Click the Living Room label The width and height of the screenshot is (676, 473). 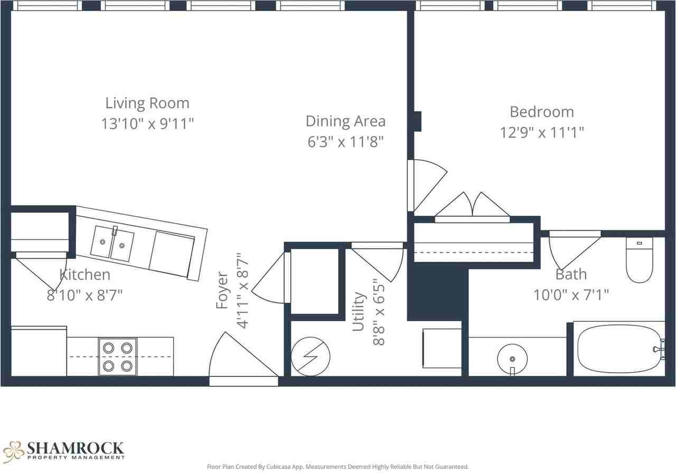[147, 103]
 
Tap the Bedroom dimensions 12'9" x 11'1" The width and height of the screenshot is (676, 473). [542, 132]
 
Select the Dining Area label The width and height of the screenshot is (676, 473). [345, 122]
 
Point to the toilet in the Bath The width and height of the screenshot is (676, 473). [640, 260]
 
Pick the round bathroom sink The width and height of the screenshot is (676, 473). [512, 359]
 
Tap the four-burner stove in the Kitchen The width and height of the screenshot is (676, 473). [118, 357]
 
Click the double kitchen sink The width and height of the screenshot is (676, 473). [112, 244]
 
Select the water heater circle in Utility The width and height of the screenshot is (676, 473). [310, 357]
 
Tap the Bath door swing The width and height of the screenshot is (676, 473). [574, 251]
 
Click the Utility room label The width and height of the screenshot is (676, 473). [359, 311]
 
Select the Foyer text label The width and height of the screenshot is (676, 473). [222, 290]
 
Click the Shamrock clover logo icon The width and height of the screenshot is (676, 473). [14, 451]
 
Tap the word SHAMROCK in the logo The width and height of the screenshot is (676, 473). [76, 448]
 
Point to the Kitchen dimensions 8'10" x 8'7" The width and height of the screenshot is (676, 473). [84, 295]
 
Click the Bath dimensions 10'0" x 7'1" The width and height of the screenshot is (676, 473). [571, 295]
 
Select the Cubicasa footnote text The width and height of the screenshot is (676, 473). [337, 467]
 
